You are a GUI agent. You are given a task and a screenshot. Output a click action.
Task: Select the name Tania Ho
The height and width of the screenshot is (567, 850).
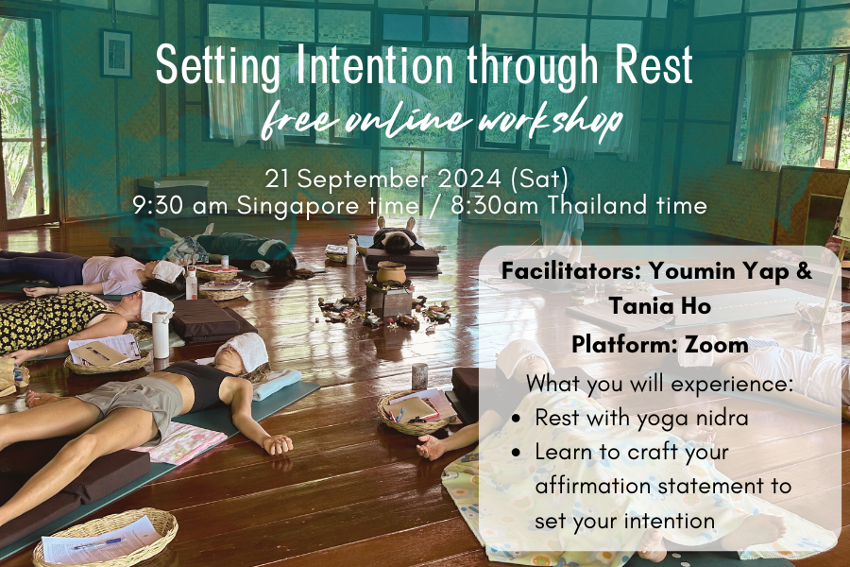pyautogui.click(x=660, y=305)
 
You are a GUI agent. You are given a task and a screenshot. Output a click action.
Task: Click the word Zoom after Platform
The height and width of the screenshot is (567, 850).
pyautogui.click(x=716, y=345)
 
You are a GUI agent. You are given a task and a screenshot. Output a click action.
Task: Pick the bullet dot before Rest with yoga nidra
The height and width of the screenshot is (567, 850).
pyautogui.click(x=516, y=419)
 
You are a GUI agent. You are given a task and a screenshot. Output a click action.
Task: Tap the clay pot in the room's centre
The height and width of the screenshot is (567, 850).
pyautogui.click(x=390, y=272)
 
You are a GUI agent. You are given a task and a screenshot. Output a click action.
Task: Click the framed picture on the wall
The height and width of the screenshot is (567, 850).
pyautogui.click(x=116, y=53)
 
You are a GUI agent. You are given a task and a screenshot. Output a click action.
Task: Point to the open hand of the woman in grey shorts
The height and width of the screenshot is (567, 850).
pyautogui.click(x=278, y=445)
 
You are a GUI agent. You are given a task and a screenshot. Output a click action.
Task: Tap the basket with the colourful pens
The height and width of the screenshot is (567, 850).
pyautogui.click(x=411, y=412)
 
